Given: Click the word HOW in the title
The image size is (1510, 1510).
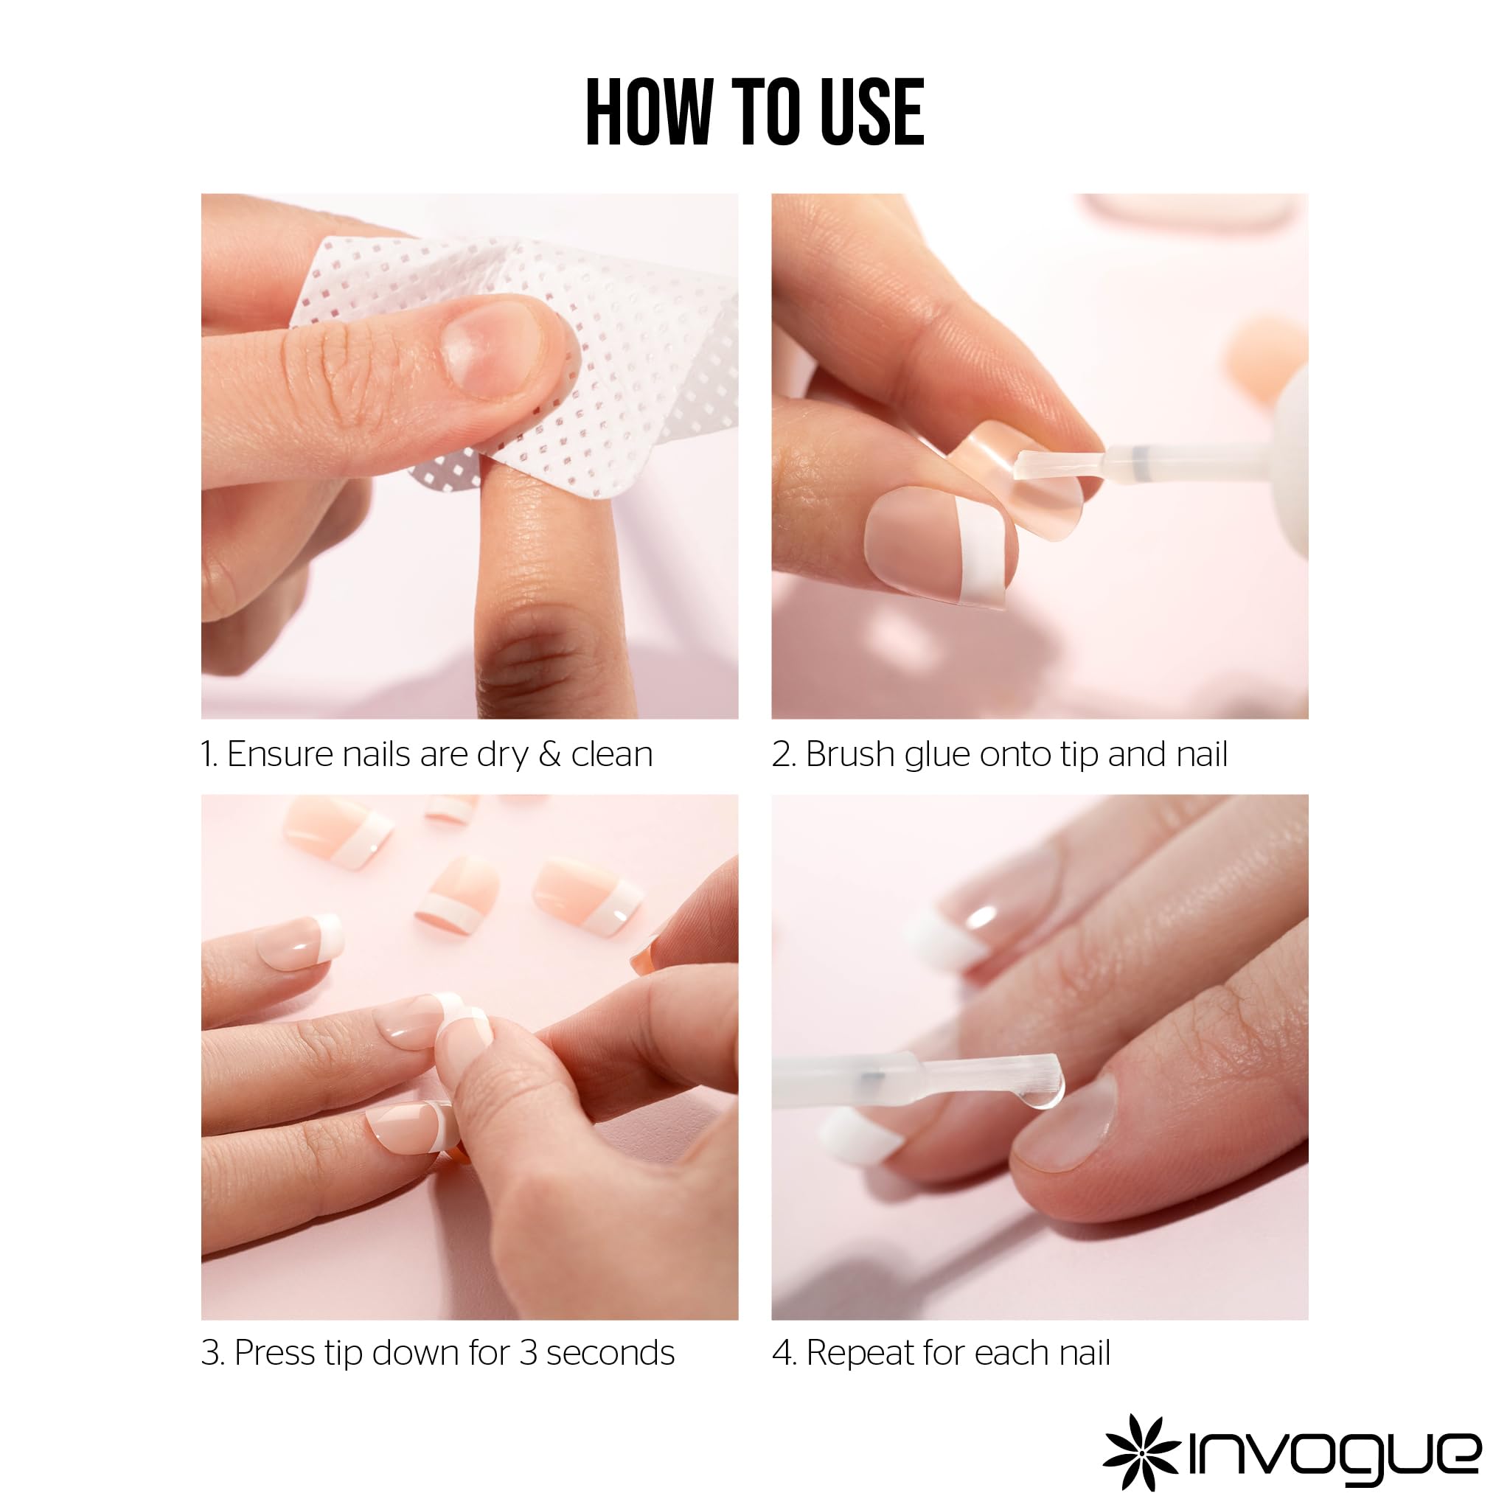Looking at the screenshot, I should point(649,113).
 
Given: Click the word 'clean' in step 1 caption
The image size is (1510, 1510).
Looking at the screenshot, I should point(611,754).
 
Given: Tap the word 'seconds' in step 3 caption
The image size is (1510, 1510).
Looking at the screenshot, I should point(610,1353).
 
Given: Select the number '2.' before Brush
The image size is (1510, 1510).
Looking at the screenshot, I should point(783,755).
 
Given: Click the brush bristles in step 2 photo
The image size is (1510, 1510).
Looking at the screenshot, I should point(1055,466).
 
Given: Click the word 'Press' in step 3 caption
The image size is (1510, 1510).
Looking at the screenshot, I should point(274,1353).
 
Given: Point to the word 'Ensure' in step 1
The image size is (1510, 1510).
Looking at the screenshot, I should point(279,754).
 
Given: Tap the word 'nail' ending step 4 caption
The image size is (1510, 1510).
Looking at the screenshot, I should point(1082,1353).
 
